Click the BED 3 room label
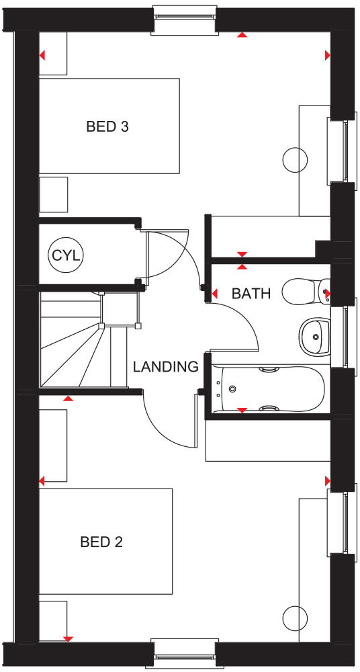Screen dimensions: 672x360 tap(107, 126)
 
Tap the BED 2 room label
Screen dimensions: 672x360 tap(101, 542)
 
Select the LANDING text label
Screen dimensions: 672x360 tap(165, 367)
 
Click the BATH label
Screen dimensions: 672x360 tap(251, 294)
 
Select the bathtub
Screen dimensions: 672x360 tap(269, 389)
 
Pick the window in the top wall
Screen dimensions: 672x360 tap(185, 19)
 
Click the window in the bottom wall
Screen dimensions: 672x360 tap(183, 653)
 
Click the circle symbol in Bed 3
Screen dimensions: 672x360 tap(294, 159)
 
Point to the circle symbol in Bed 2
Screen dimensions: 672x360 tap(294, 617)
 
